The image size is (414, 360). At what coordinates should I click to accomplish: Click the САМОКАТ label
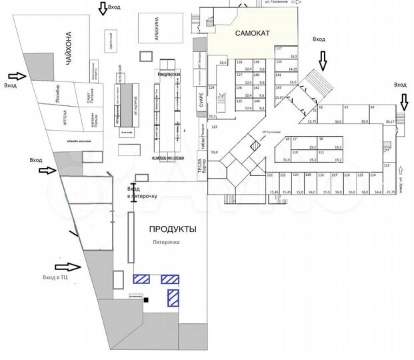(251, 33)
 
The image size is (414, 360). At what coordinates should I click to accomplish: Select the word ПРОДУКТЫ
(172, 229)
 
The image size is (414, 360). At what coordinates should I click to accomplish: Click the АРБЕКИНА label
(157, 30)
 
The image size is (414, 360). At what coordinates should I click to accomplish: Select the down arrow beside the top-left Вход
(102, 9)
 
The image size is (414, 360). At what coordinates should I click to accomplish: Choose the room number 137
(279, 49)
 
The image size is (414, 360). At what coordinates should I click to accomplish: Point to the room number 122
(270, 175)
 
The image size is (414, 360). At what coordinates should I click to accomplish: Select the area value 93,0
(215, 153)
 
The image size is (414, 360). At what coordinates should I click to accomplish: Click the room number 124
(212, 88)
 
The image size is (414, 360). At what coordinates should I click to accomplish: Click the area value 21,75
(391, 192)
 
